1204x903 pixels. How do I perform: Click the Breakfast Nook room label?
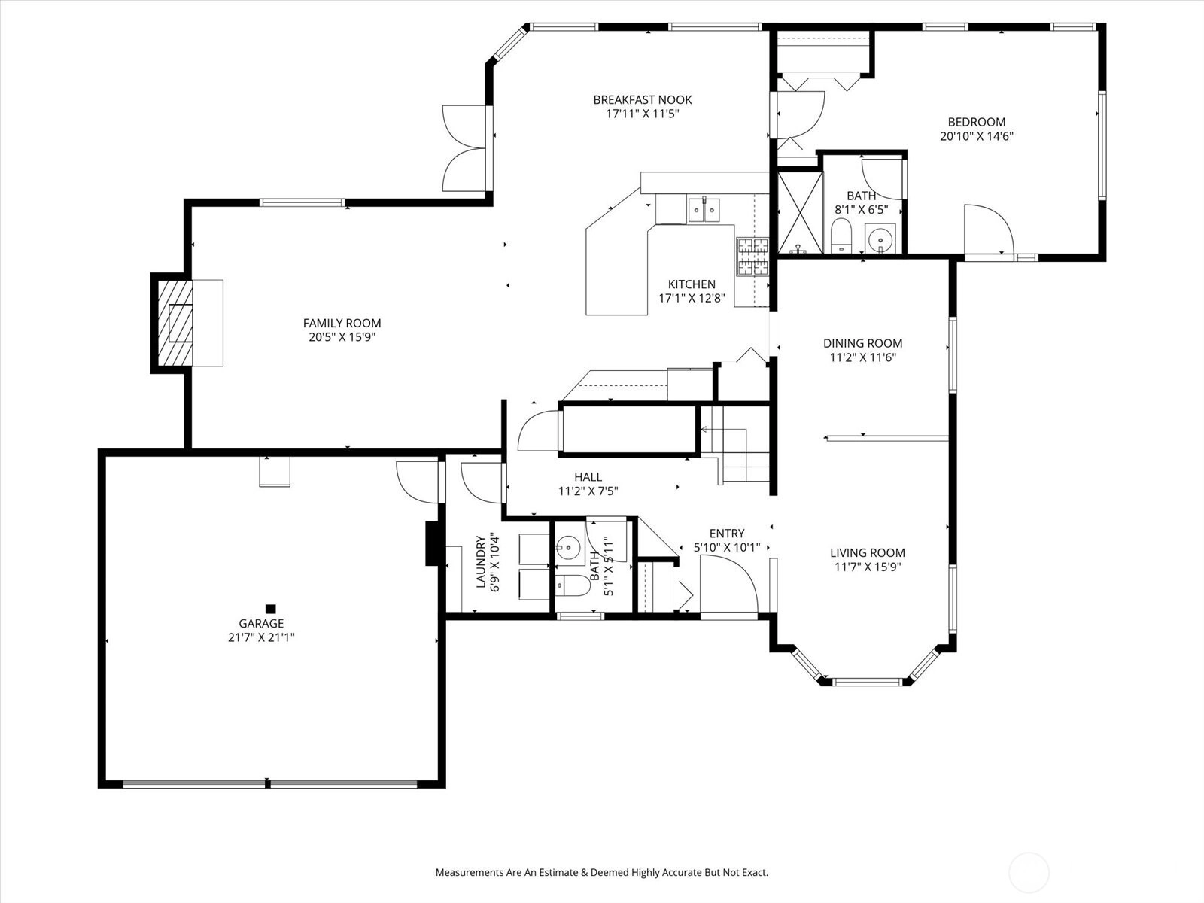click(643, 100)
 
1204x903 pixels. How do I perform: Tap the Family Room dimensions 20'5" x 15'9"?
click(342, 337)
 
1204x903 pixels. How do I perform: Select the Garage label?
click(261, 623)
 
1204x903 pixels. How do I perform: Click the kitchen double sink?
click(704, 210)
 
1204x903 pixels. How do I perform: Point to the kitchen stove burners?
click(752, 257)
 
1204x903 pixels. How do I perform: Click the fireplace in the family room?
click(175, 324)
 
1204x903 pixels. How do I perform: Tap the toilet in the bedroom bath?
click(841, 236)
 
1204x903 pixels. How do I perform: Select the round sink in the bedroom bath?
click(880, 239)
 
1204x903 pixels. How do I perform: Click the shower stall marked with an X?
click(801, 213)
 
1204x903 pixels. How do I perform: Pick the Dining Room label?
click(863, 343)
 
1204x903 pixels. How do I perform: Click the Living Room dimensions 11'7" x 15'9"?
click(868, 567)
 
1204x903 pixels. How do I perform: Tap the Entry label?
click(727, 533)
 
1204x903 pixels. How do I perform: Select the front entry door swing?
click(729, 583)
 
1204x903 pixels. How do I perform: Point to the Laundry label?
click(481, 562)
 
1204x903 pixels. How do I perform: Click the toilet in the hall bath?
click(572, 585)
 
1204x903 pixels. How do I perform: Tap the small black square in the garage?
click(270, 609)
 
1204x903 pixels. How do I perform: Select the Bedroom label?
click(976, 122)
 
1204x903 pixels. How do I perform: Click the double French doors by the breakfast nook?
click(464, 148)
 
